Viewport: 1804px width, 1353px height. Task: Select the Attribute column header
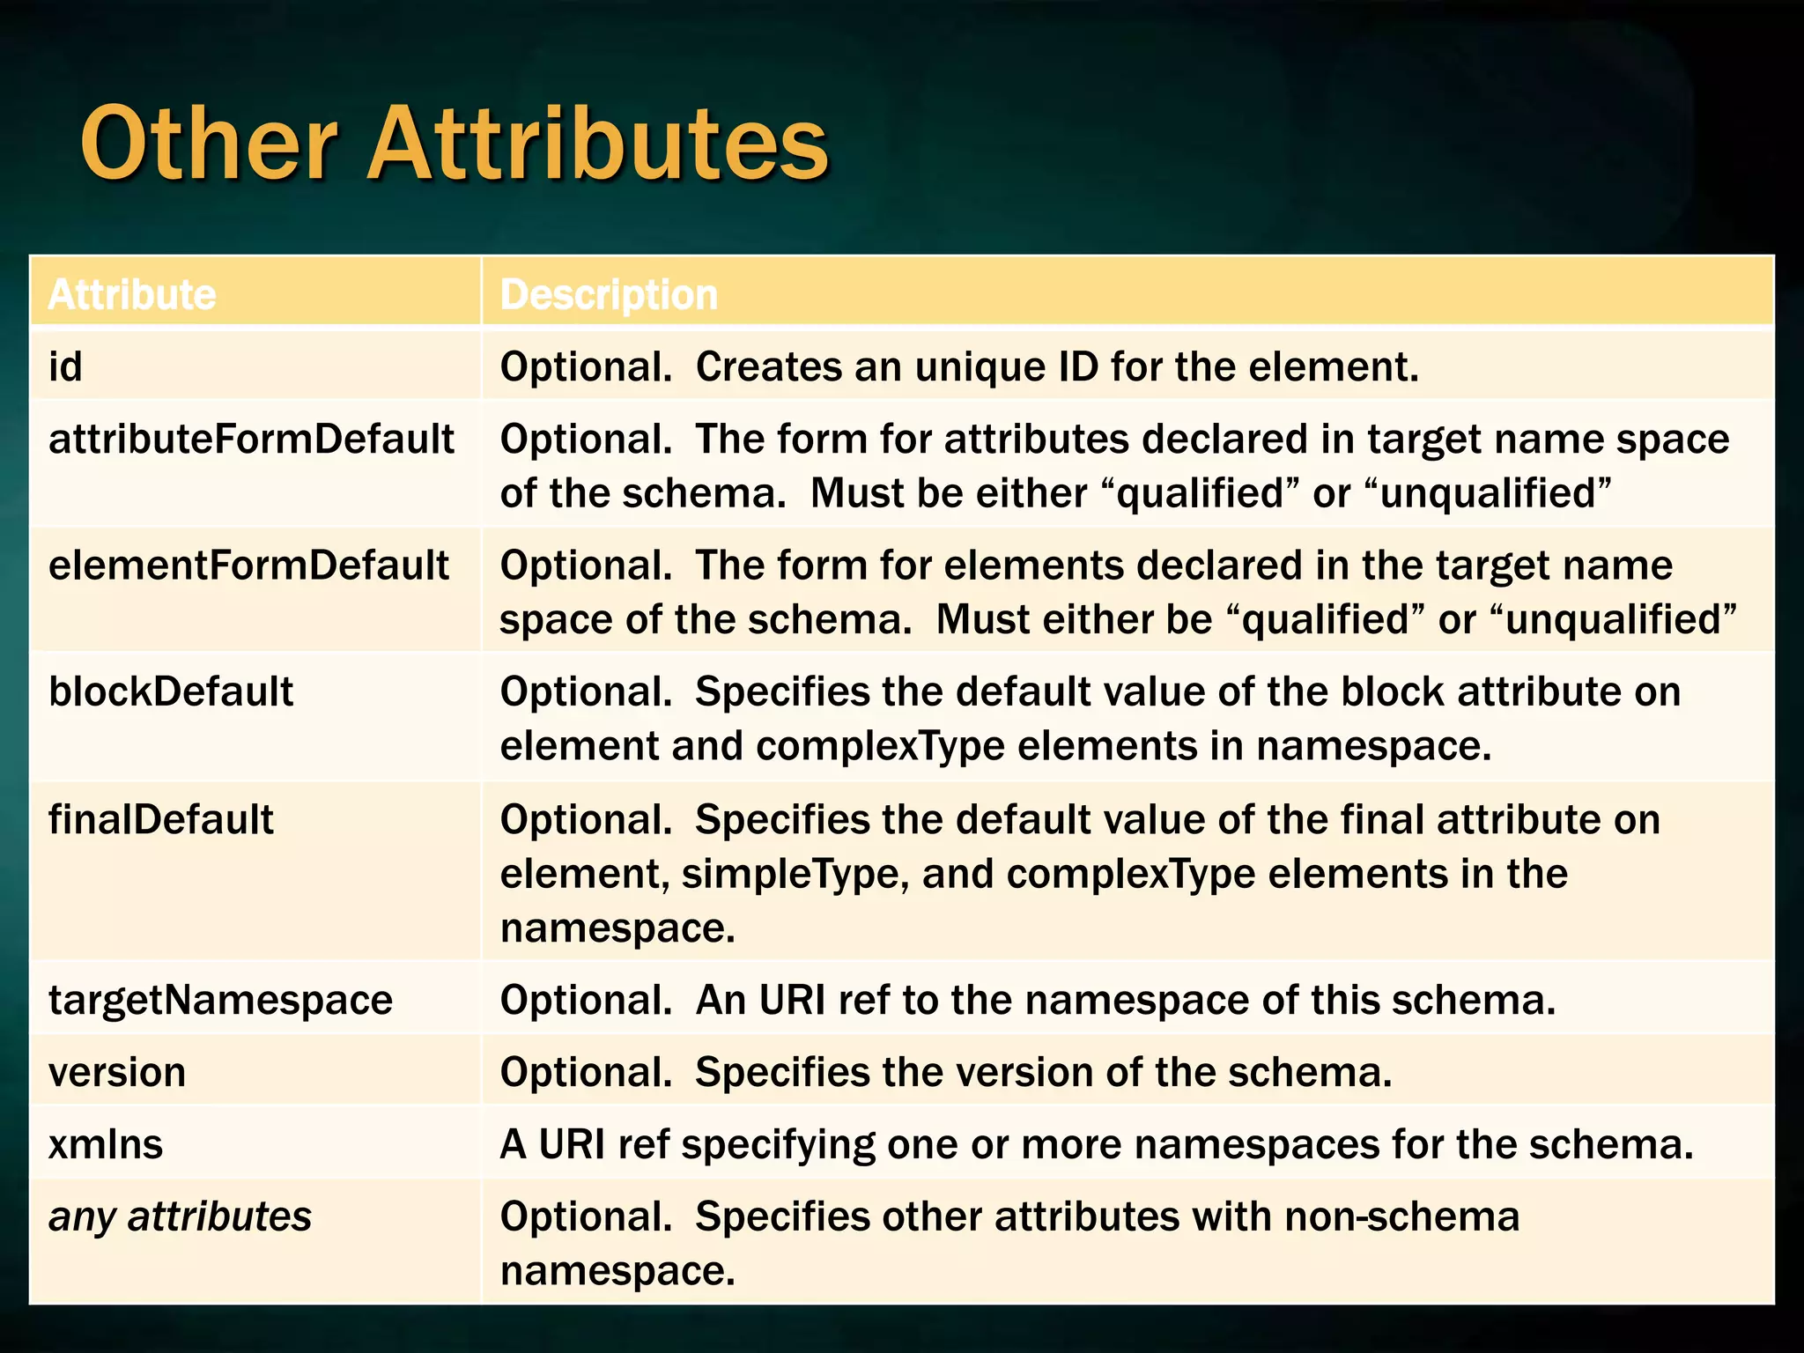pyautogui.click(x=132, y=294)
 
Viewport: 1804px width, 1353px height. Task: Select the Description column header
pyautogui.click(x=609, y=294)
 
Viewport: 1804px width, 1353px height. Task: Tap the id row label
pyautogui.click(x=65, y=366)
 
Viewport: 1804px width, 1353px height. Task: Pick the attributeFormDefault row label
pyautogui.click(x=251, y=439)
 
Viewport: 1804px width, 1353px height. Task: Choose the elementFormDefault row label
pyautogui.click(x=248, y=566)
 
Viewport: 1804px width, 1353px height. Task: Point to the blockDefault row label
pyautogui.click(x=171, y=691)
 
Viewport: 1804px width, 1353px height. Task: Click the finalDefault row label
pyautogui.click(x=161, y=819)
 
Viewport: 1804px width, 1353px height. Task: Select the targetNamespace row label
pyautogui.click(x=220, y=1000)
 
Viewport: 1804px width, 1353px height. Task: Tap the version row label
pyautogui.click(x=117, y=1072)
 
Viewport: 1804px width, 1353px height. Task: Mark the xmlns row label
pyautogui.click(x=106, y=1144)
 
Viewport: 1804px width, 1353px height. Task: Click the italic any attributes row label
pyautogui.click(x=180, y=1216)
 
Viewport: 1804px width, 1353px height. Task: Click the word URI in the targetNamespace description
pyautogui.click(x=793, y=1000)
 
